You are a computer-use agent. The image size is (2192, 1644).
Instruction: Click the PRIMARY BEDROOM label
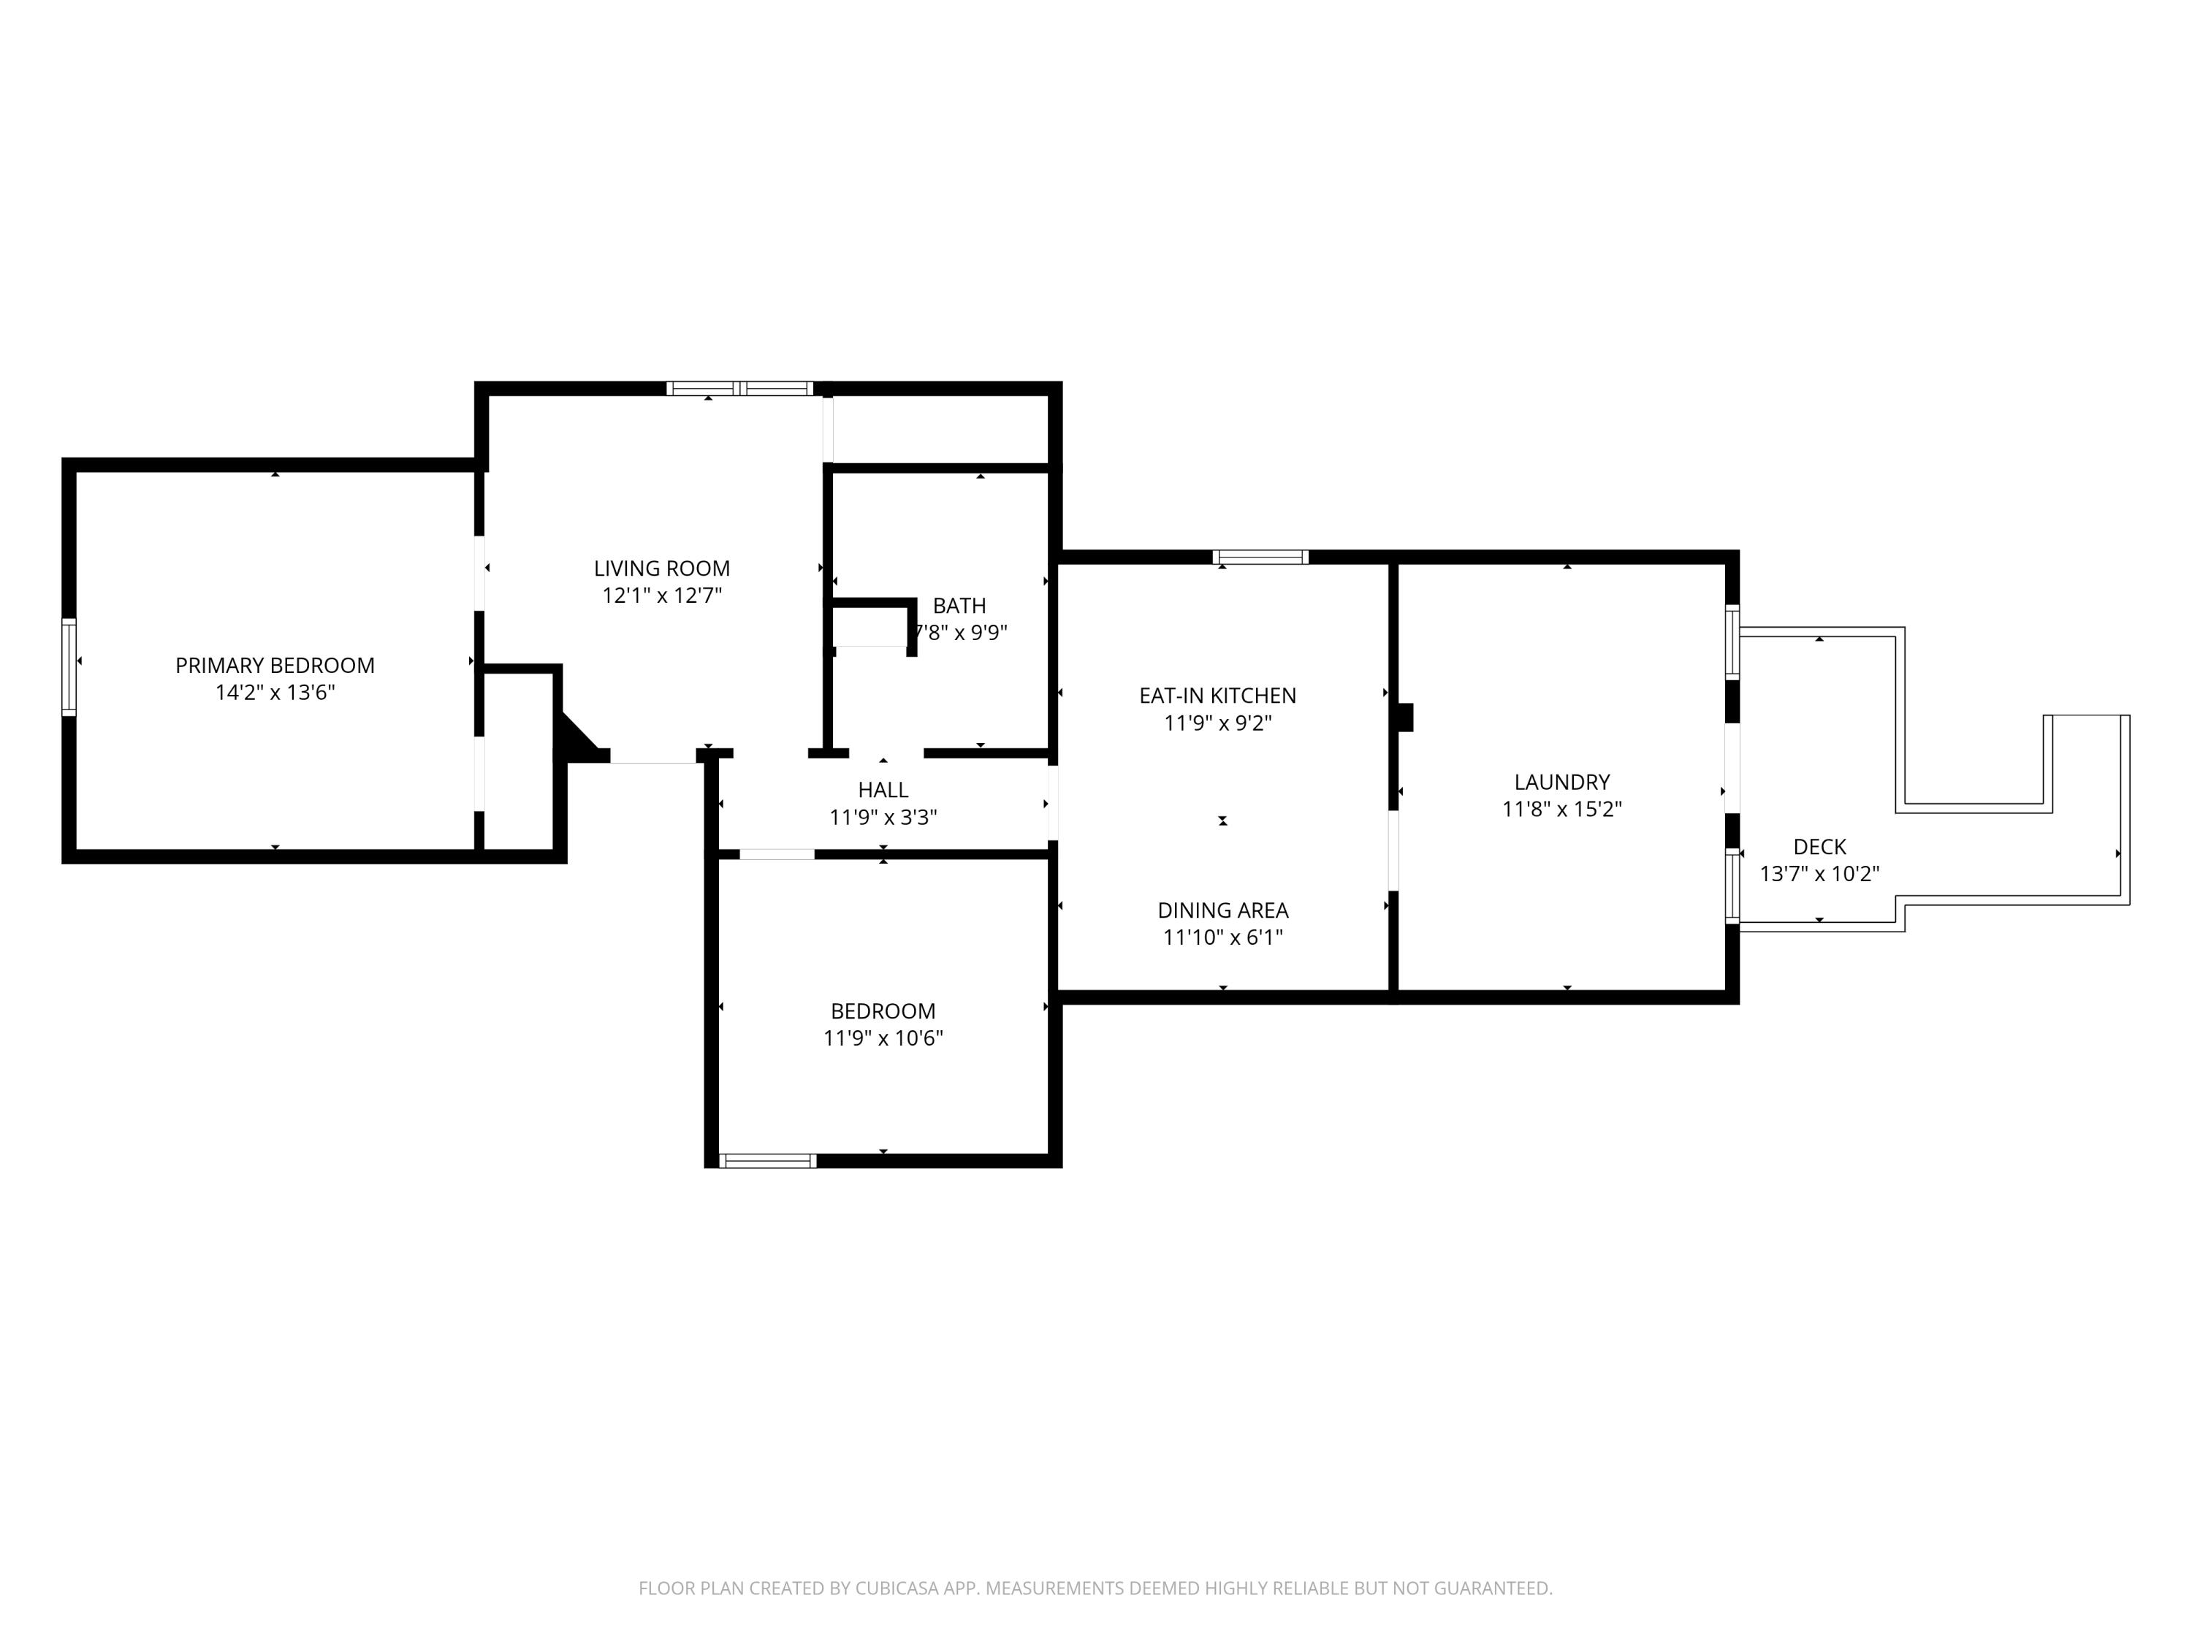coord(275,666)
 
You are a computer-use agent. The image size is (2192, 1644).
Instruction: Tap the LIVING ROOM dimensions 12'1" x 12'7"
coord(662,595)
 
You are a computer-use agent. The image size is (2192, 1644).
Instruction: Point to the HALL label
coord(883,790)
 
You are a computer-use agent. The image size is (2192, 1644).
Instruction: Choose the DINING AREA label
coord(1223,910)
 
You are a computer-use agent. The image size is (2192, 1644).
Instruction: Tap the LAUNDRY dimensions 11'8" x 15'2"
coord(1561,809)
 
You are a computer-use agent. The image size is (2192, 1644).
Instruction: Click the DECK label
coord(1819,846)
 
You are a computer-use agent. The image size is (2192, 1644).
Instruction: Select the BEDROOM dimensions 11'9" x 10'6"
coord(883,1038)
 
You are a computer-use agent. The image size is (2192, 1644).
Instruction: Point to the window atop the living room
coord(739,389)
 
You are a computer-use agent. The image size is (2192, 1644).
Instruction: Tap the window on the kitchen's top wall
coord(1260,557)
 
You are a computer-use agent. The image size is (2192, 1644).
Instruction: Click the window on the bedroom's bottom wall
coord(768,1160)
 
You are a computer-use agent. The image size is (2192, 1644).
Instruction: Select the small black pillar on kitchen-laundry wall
coord(1404,718)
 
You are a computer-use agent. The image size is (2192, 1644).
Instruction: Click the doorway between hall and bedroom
coord(777,854)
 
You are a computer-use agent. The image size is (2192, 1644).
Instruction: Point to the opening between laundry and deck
coord(1732,769)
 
